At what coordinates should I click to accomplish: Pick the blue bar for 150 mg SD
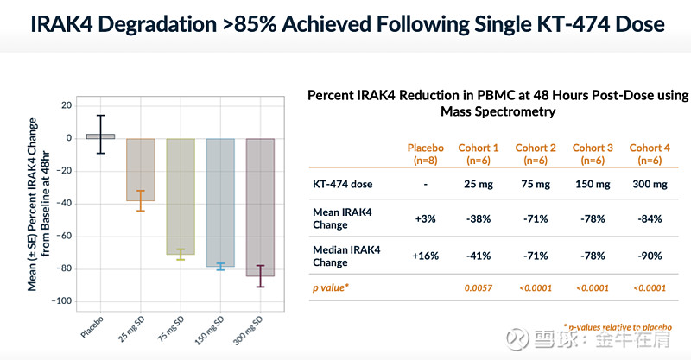tap(220, 203)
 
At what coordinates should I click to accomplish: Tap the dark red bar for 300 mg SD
tap(260, 207)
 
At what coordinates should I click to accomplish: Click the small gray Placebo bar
tap(101, 136)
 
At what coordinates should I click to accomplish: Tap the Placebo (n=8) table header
tap(425, 154)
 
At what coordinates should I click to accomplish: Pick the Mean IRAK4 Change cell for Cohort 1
tap(478, 219)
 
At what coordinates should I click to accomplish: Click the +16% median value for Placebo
tap(425, 256)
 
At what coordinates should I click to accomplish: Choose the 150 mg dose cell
tap(592, 184)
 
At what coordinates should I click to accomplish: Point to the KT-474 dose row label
tap(345, 184)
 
